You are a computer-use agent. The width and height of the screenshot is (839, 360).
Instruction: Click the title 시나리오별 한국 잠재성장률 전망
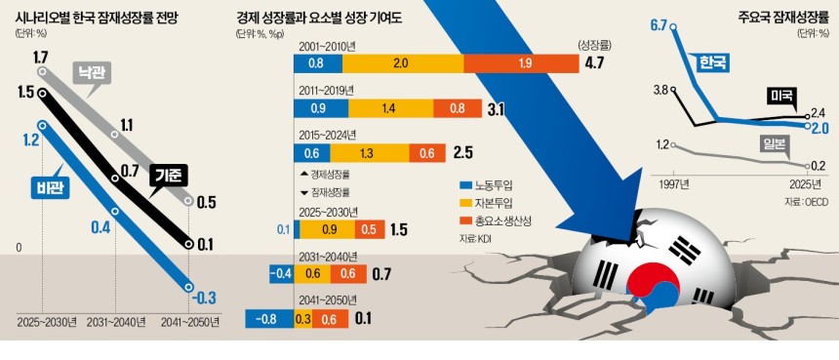[x=112, y=17]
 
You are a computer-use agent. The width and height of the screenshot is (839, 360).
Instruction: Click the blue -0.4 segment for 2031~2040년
[x=281, y=274]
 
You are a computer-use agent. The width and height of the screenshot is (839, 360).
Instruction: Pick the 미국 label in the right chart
[x=780, y=96]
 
